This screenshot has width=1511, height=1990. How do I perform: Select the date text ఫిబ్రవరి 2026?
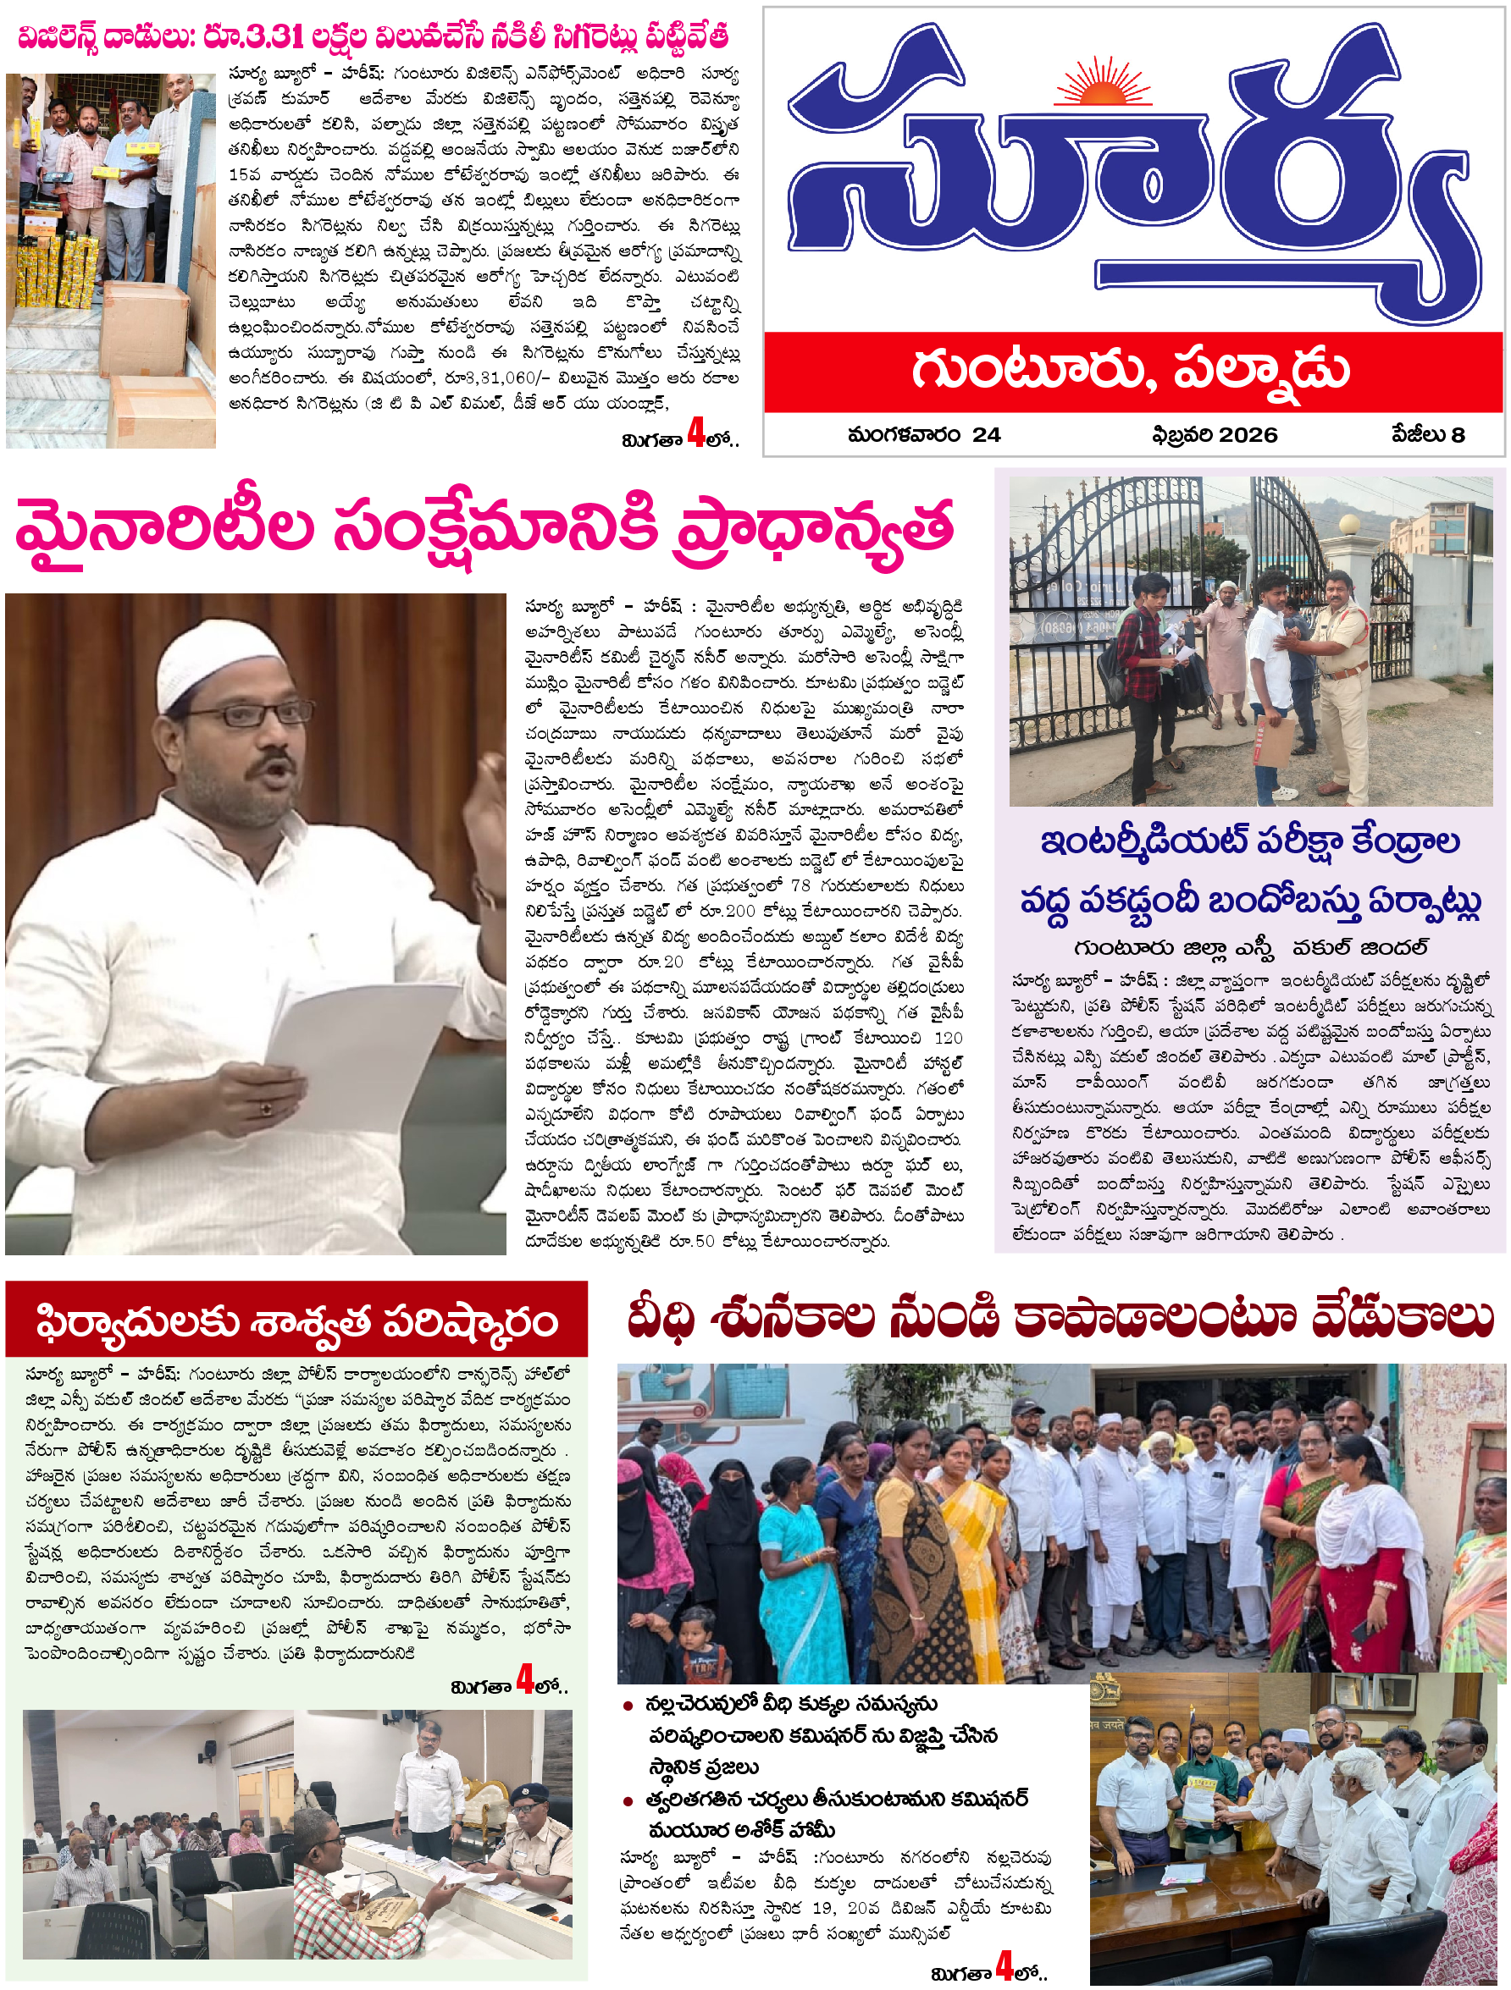(x=1214, y=435)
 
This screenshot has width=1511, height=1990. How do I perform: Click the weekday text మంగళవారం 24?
(x=923, y=435)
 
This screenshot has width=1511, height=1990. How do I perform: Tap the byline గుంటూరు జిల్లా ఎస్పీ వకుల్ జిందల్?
(x=1250, y=948)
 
